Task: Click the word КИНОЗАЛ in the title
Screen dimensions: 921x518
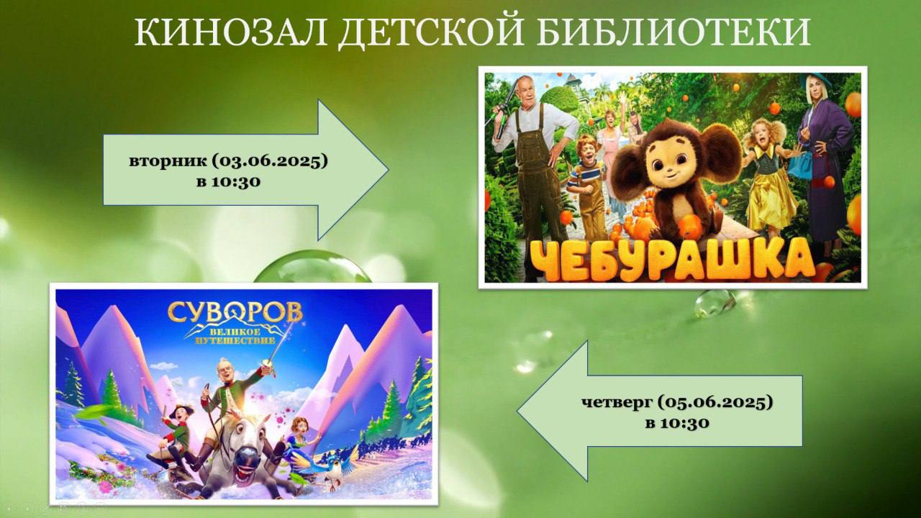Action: (230, 32)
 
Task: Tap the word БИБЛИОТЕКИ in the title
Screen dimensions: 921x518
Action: (673, 32)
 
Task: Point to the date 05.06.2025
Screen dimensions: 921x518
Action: (714, 402)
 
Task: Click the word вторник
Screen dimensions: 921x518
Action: (168, 162)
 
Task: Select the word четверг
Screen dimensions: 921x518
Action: (617, 403)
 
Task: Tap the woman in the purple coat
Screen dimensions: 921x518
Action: (825, 165)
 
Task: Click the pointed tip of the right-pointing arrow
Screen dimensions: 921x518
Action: (388, 170)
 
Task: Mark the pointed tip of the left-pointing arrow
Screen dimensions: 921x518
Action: (517, 411)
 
